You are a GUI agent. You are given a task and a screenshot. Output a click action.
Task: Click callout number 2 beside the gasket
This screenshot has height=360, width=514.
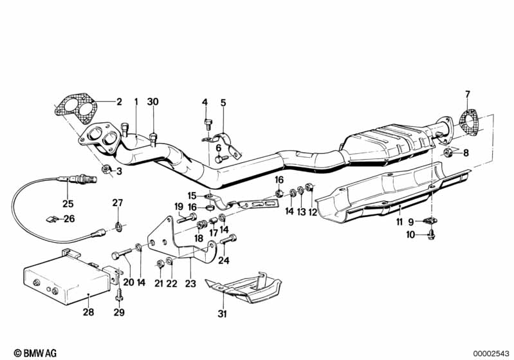tap(118, 101)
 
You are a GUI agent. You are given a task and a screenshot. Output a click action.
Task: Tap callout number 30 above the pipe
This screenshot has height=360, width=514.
tap(152, 102)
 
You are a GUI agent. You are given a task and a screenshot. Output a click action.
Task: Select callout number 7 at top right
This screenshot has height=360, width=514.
tap(468, 95)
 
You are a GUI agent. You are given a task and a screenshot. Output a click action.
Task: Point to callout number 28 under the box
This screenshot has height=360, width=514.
tap(88, 312)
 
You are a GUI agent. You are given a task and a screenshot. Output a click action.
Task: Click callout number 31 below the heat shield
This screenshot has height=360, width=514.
tap(223, 314)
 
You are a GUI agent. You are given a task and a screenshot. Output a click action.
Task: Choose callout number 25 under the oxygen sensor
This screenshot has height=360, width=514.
tap(68, 204)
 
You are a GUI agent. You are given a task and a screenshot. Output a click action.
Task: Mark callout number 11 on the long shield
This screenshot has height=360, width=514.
tap(399, 222)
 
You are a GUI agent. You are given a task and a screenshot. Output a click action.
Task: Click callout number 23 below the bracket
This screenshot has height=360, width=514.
tap(189, 281)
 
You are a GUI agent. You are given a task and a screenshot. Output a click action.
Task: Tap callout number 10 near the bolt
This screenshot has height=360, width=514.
tap(410, 235)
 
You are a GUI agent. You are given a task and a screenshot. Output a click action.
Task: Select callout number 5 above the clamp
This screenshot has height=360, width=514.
tap(223, 102)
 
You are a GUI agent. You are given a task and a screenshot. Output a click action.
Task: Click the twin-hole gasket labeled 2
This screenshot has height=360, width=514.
tap(73, 109)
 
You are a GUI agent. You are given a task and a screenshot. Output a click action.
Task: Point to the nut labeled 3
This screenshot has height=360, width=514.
tap(105, 170)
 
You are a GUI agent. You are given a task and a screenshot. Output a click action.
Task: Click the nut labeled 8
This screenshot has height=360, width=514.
tap(446, 153)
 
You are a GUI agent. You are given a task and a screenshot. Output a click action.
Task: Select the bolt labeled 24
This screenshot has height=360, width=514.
tap(225, 242)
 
